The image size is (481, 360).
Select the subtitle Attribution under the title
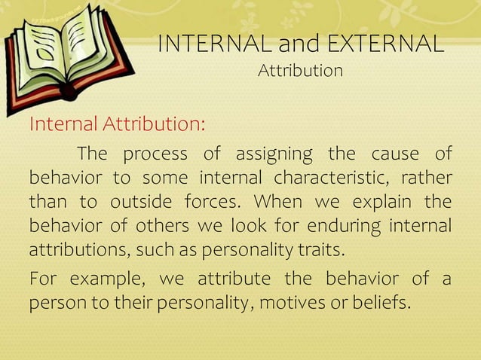300,72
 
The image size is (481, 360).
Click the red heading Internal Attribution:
117,124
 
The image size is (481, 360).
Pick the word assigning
274,154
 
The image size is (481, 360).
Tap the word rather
427,178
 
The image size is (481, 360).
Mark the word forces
213,203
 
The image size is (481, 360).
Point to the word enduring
348,226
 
